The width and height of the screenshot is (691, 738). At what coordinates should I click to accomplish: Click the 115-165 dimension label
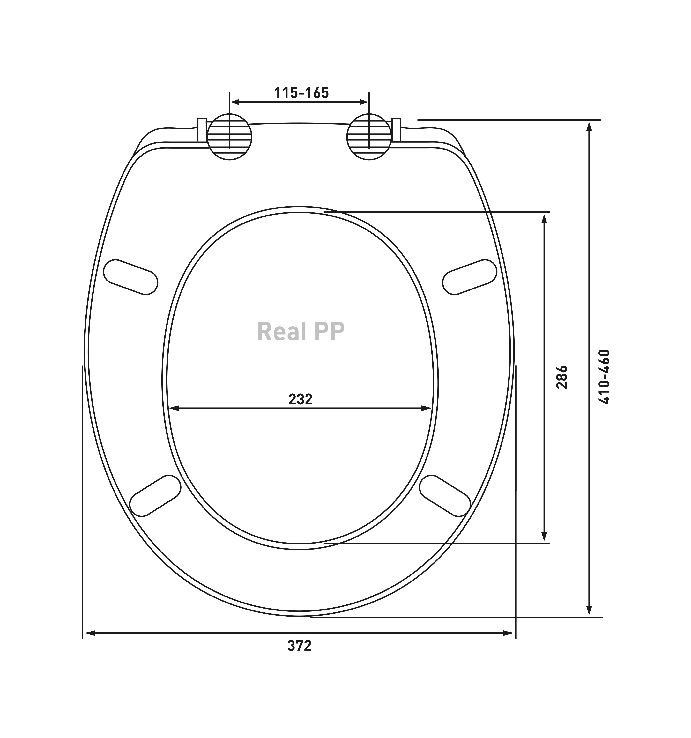tap(301, 93)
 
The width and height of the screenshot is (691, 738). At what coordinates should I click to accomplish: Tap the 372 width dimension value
tap(299, 646)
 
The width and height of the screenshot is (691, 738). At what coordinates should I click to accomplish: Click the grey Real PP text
tap(300, 332)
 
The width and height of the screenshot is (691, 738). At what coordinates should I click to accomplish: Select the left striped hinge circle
tap(229, 137)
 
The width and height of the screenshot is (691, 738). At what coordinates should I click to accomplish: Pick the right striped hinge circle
tap(369, 137)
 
